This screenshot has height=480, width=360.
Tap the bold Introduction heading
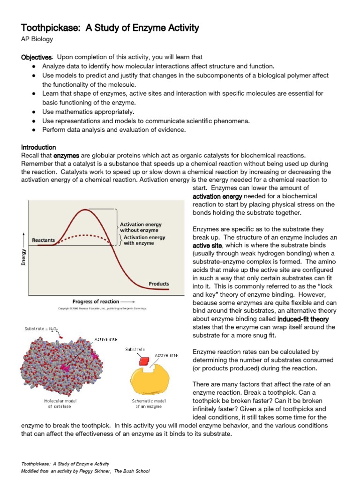point(39,147)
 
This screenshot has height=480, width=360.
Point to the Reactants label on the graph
point(43,240)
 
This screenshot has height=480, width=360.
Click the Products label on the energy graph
point(159,284)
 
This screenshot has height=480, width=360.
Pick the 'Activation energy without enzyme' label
point(139,227)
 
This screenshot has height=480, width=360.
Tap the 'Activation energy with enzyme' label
point(143,240)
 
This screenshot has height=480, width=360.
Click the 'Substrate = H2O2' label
point(42,330)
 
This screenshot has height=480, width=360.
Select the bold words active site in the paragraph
point(208,246)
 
